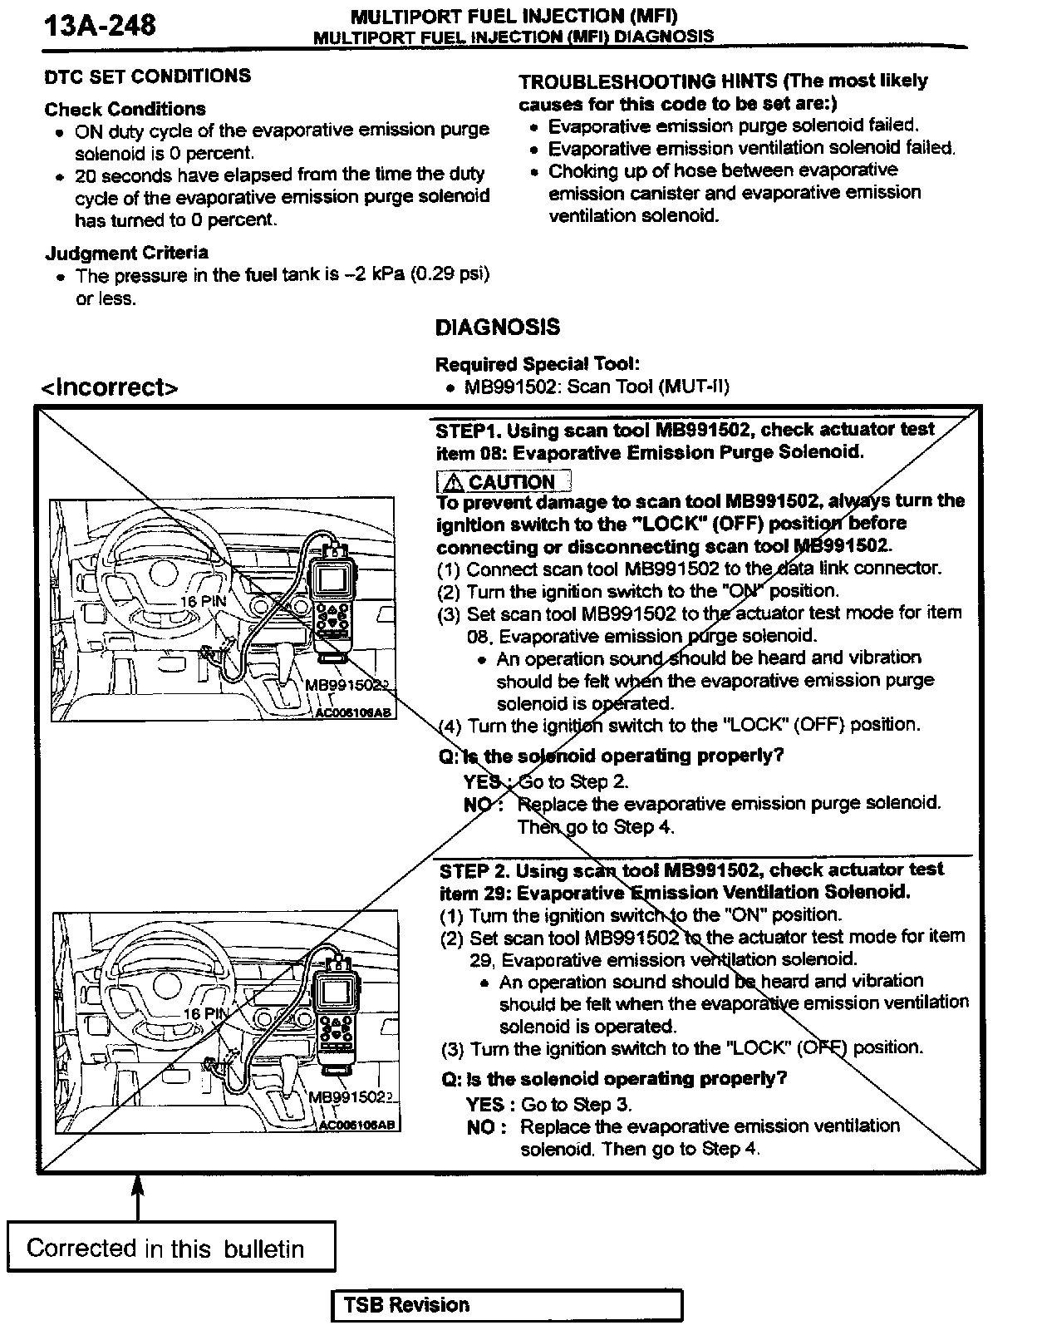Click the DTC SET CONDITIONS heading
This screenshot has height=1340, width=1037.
(147, 76)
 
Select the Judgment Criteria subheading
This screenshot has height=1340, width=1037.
(126, 253)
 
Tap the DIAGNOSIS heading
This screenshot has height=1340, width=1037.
(498, 328)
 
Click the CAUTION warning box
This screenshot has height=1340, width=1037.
(504, 482)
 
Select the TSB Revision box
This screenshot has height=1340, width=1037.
(507, 1304)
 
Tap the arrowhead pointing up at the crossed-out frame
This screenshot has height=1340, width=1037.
(139, 1185)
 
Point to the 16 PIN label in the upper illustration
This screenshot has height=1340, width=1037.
(204, 601)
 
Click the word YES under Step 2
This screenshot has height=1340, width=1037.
(485, 1104)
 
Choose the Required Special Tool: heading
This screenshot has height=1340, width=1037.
(537, 364)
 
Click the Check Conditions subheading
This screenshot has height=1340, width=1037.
(125, 109)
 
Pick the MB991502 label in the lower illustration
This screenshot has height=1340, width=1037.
(349, 1097)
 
